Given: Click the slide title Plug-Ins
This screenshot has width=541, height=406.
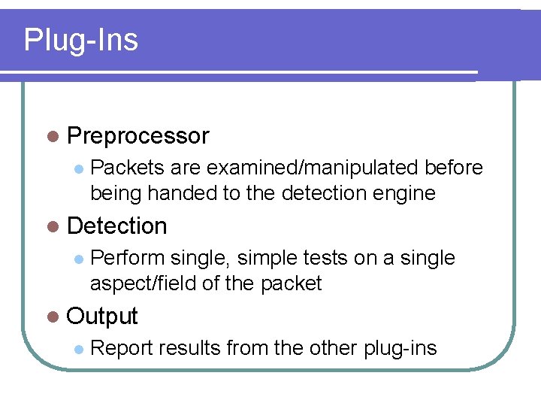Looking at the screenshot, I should tap(81, 40).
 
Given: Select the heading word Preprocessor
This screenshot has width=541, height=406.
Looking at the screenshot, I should tap(138, 136).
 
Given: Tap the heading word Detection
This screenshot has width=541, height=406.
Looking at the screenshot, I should tap(116, 226).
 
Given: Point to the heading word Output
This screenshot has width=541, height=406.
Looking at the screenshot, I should tap(102, 317).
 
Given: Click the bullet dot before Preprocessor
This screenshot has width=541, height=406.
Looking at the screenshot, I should tap(51, 137).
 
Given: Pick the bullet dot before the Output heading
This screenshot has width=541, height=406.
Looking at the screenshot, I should tap(51, 317).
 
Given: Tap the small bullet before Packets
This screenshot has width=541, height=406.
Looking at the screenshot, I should tap(79, 168).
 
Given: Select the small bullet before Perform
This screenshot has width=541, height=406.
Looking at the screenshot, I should tap(79, 259).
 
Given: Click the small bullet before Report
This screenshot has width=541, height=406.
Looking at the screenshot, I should tap(79, 349).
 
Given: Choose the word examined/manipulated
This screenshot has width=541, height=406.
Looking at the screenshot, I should tap(313, 168).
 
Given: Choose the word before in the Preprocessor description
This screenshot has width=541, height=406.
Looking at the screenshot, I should tap(454, 168).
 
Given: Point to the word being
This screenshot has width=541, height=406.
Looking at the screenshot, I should tap(116, 193).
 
